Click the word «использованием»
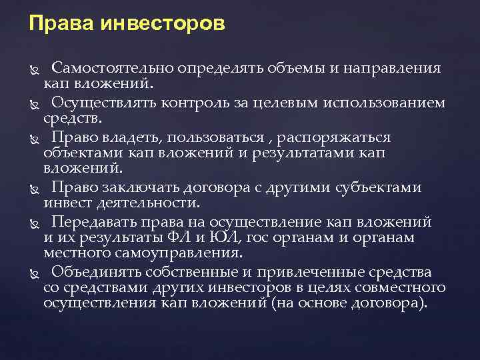point(391,103)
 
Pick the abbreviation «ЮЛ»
point(237,238)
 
